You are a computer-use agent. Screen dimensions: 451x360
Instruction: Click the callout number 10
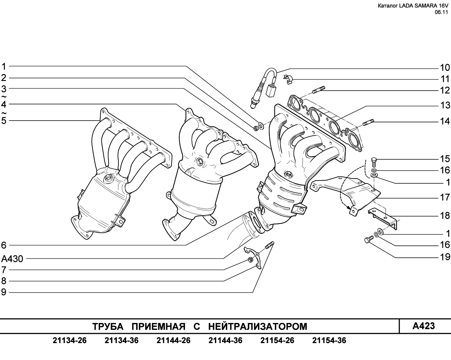(445, 68)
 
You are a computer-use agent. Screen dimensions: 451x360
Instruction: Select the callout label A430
(12, 259)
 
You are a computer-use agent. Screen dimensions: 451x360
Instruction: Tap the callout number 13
(445, 105)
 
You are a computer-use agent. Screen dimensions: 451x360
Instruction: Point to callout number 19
(445, 257)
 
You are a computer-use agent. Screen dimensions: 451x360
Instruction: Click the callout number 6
(4, 245)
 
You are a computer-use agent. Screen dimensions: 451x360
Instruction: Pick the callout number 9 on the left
(4, 292)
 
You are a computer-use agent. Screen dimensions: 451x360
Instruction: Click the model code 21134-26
(69, 341)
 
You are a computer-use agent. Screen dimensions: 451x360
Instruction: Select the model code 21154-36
(329, 341)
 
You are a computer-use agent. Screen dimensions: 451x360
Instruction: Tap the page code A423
(424, 326)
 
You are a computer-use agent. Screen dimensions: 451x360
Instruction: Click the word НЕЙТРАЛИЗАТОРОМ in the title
(258, 327)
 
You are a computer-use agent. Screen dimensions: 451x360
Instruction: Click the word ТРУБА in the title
(108, 327)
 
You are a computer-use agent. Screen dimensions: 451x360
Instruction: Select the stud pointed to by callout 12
(319, 90)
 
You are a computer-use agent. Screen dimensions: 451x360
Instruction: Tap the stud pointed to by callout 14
(368, 122)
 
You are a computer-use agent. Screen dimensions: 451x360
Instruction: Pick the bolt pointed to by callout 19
(369, 239)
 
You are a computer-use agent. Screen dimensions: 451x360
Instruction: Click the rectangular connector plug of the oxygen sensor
(270, 91)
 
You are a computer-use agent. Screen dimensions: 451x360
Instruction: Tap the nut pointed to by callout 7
(250, 260)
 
